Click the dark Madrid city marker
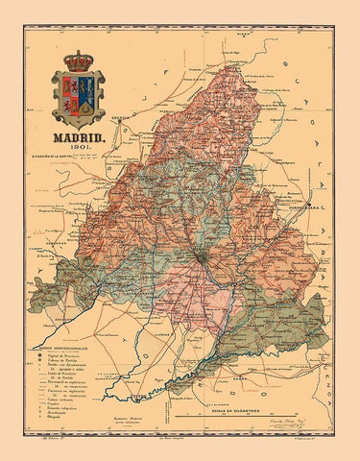[x=199, y=257]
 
